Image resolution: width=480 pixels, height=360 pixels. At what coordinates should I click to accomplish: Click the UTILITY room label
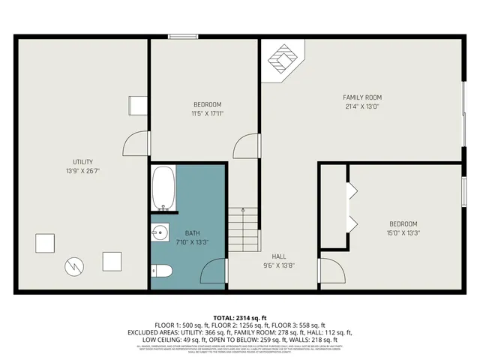coord(82,162)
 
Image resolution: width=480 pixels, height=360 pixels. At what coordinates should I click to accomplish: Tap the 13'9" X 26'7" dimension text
coord(82,172)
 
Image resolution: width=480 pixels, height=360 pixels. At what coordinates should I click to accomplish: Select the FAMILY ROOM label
coord(362,97)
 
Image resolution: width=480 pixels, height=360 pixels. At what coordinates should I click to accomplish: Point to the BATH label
coord(193,233)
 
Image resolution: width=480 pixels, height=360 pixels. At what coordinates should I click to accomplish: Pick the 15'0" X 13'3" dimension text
coord(403,233)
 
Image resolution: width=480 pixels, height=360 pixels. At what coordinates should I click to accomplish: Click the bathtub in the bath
coord(163,189)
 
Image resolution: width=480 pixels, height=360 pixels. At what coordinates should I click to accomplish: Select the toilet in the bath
coord(163,271)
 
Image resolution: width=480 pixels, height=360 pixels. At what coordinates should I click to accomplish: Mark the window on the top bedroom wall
coord(178,36)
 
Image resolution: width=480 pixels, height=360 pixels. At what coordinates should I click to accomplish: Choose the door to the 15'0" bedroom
coord(330,271)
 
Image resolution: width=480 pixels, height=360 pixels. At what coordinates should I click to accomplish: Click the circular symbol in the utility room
coord(74,266)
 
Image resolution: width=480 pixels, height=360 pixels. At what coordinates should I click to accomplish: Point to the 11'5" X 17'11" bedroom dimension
coord(208,113)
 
